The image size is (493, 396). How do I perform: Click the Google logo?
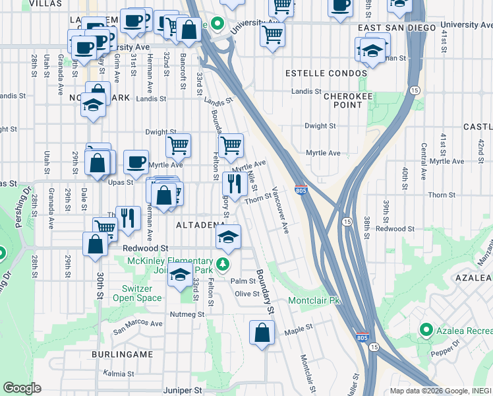[x=22, y=388]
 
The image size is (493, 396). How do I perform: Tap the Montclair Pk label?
[x=314, y=300]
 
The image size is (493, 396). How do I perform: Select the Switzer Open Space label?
[x=142, y=293]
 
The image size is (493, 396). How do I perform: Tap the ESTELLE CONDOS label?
[x=325, y=73]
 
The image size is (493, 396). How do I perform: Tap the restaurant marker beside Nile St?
[x=234, y=181]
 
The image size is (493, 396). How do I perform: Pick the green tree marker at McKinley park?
[x=223, y=265]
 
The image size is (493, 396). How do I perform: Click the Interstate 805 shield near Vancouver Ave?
[x=301, y=190]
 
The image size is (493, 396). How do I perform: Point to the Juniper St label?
[x=183, y=391]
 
